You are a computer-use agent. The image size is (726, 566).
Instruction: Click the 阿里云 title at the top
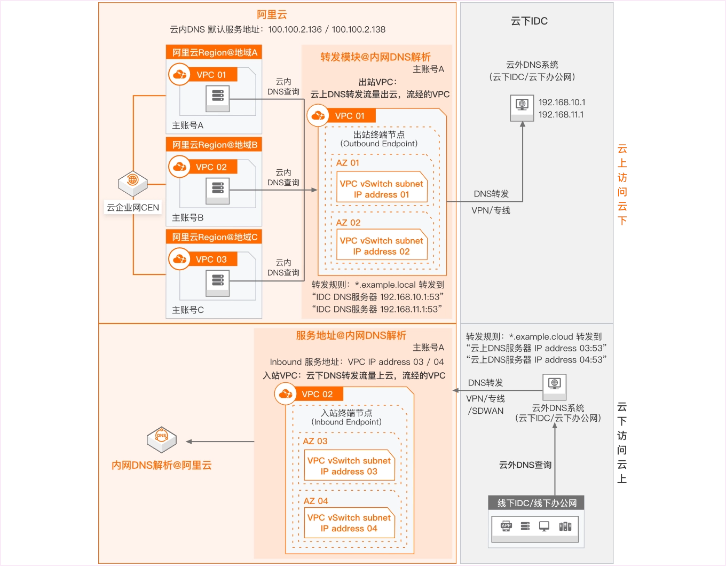pyautogui.click(x=272, y=14)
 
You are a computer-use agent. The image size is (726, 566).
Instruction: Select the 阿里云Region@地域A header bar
pyautogui.click(x=214, y=52)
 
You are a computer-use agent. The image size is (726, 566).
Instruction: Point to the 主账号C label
pyautogui.click(x=188, y=310)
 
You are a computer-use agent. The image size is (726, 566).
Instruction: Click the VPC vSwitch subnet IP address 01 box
pyautogui.click(x=381, y=188)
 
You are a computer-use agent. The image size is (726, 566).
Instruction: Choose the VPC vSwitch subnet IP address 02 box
pyautogui.click(x=381, y=246)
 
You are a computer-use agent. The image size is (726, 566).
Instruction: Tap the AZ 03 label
pyautogui.click(x=315, y=441)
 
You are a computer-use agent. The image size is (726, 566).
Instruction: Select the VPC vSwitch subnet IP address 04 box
pyautogui.click(x=349, y=523)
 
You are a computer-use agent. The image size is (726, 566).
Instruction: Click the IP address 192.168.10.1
pyautogui.click(x=562, y=102)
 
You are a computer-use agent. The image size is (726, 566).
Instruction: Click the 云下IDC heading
pyautogui.click(x=529, y=21)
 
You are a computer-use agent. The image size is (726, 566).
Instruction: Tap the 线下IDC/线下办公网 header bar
pyautogui.click(x=536, y=503)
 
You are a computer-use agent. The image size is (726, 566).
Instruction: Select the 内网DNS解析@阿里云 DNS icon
pyautogui.click(x=161, y=439)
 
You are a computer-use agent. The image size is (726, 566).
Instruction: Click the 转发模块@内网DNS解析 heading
pyautogui.click(x=375, y=57)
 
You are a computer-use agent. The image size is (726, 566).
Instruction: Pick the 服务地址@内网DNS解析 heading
pyautogui.click(x=351, y=335)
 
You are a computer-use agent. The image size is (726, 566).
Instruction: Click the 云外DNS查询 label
pyautogui.click(x=525, y=465)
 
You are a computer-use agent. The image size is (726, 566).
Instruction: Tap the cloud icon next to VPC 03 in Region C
pyautogui.click(x=180, y=259)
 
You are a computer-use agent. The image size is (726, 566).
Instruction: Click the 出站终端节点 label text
pyautogui.click(x=379, y=134)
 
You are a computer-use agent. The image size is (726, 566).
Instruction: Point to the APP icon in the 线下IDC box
pyautogui.click(x=506, y=526)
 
